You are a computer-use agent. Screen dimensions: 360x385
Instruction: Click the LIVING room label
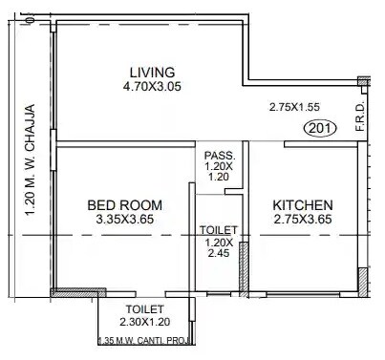152,73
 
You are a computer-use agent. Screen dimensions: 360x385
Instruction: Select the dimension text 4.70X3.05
152,87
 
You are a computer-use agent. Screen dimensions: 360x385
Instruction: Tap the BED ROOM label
124,205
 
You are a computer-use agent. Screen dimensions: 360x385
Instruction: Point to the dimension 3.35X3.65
124,220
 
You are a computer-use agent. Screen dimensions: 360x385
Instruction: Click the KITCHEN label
303,205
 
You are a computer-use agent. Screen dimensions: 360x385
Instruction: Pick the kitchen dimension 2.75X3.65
303,220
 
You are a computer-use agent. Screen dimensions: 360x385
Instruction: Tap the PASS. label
218,155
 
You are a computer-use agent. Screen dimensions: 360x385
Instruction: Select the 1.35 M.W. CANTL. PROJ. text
145,339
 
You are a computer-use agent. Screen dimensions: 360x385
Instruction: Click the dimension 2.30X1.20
145,323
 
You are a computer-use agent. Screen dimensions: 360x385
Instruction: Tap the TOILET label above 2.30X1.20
145,309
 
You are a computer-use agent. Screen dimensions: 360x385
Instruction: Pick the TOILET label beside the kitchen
218,230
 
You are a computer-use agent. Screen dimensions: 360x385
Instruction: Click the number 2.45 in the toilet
218,256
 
